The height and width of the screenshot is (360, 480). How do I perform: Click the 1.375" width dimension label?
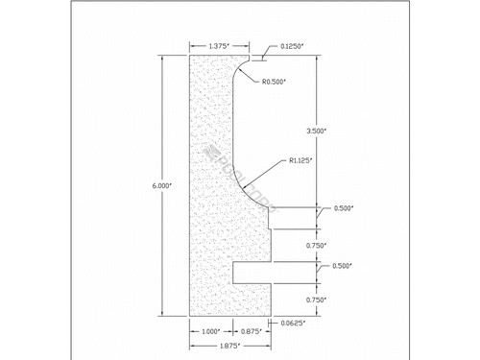pyautogui.click(x=216, y=45)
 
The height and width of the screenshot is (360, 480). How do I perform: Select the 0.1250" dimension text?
pyautogui.click(x=295, y=45)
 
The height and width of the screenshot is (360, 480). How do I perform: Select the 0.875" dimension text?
pyautogui.click(x=252, y=331)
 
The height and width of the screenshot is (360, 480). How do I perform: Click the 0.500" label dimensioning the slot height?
pyautogui.click(x=343, y=265)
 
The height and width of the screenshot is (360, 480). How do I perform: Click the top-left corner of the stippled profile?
pyautogui.click(x=189, y=55)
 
